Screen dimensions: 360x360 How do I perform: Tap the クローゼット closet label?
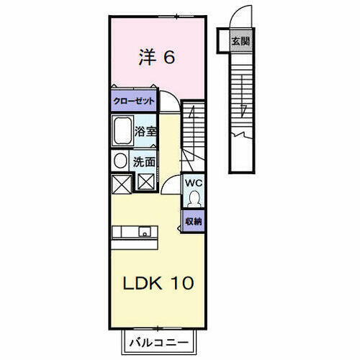tap(132, 102)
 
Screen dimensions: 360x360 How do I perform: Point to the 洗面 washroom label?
tap(145, 161)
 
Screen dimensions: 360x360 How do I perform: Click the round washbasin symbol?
tap(120, 160)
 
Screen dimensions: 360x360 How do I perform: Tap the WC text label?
tap(193, 183)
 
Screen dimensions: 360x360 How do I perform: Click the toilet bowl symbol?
tap(193, 199)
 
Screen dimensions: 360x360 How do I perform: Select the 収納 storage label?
tap(194, 221)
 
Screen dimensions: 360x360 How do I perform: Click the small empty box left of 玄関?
tap(222, 40)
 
